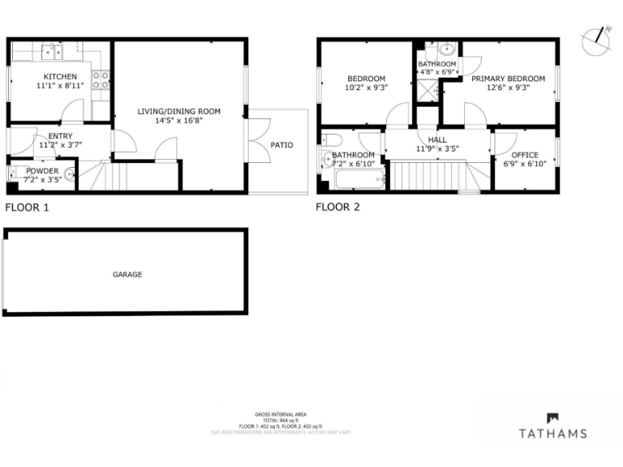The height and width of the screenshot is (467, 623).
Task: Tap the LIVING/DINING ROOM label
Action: (178, 111)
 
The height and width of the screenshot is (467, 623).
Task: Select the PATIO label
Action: (281, 145)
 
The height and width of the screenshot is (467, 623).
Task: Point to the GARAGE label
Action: (127, 275)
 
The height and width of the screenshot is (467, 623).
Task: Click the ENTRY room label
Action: (59, 136)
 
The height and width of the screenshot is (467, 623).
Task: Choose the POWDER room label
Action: (41, 171)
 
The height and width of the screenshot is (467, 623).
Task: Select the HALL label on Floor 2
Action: (437, 140)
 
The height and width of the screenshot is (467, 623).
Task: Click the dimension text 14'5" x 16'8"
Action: (178, 120)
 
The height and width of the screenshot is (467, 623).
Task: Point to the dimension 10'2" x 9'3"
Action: (366, 88)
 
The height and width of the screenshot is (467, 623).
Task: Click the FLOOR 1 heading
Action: (27, 208)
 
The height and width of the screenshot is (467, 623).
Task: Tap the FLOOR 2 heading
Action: (337, 208)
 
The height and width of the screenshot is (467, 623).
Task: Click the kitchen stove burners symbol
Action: (101, 79)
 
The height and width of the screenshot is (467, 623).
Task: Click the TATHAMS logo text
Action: (552, 434)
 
